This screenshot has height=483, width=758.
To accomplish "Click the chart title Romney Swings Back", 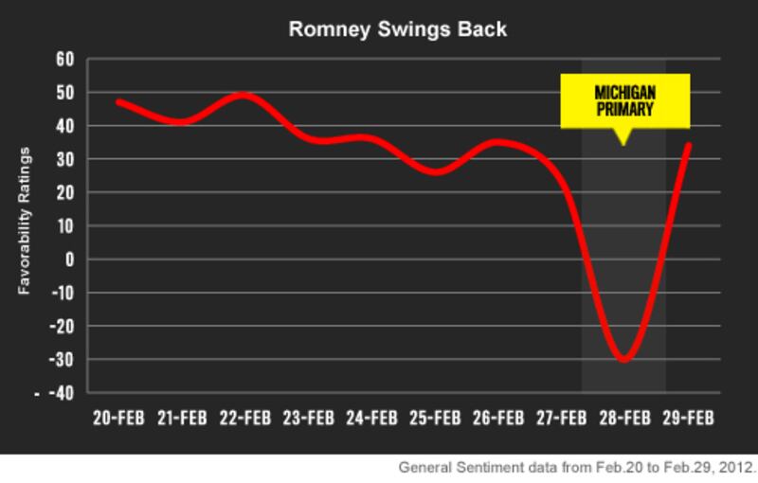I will (398, 30).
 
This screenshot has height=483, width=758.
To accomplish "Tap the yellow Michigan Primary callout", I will (623, 102).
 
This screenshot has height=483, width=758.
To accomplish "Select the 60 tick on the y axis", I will (65, 60).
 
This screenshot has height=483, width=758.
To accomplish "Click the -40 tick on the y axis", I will (63, 393).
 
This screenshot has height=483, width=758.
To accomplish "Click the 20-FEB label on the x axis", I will (117, 418).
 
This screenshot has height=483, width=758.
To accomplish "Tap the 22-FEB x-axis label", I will (244, 418).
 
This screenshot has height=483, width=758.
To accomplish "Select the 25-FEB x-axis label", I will (434, 418).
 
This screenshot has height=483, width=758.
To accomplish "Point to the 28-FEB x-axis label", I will (623, 418).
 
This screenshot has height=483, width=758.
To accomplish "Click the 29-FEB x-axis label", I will (687, 418).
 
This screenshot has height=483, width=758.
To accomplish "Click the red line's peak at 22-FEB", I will (244, 96).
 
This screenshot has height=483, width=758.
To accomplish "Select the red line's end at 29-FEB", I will (688, 146).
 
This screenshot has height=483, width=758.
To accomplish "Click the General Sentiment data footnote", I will (577, 468).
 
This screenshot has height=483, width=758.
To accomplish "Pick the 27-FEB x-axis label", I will (561, 418).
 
